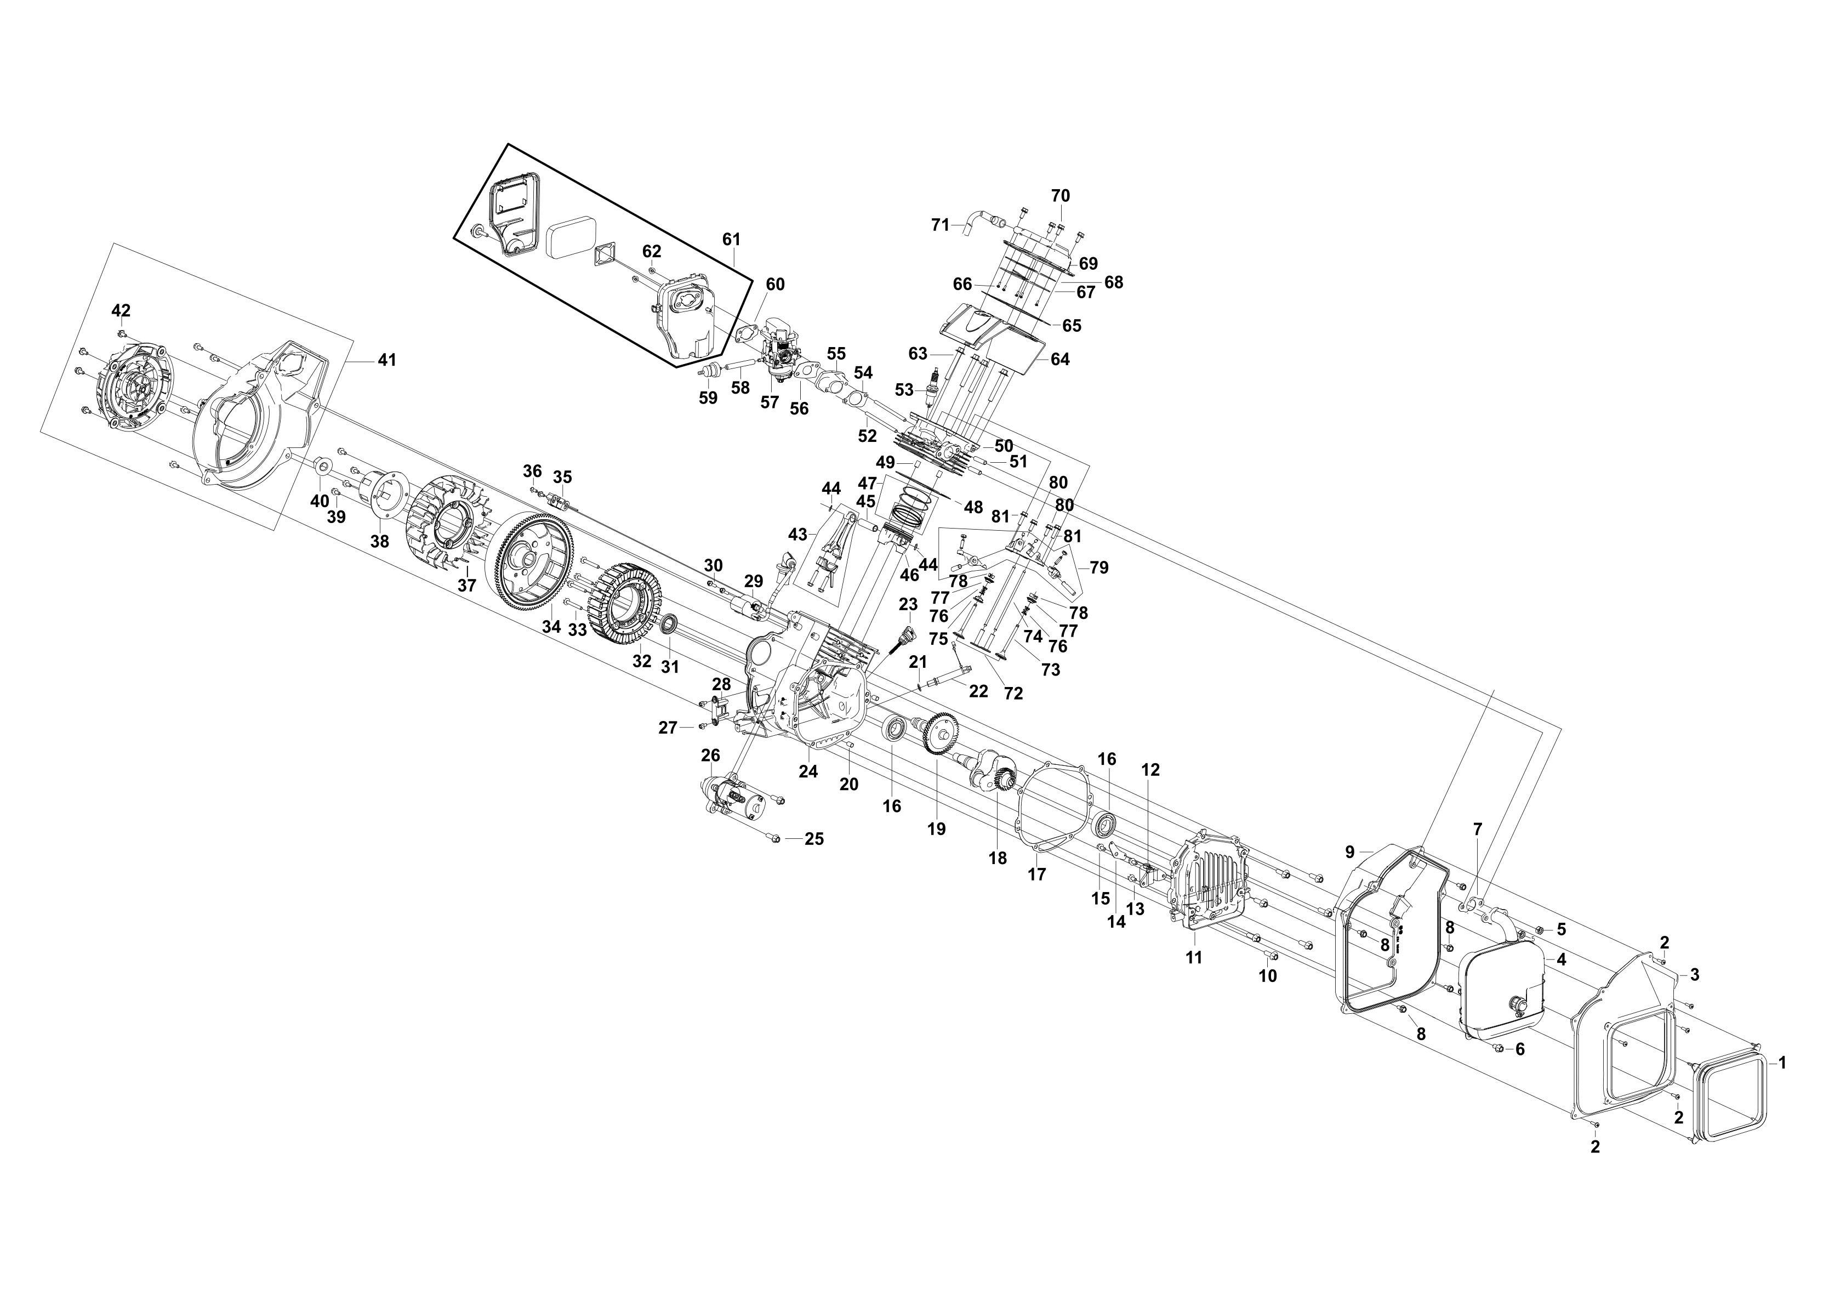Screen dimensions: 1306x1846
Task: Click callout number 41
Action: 388,360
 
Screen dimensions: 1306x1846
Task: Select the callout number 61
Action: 731,239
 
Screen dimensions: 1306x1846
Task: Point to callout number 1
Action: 1782,1063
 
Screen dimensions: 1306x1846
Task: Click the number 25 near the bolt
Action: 814,839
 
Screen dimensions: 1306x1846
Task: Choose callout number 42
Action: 121,310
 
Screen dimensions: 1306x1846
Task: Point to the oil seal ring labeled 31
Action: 669,623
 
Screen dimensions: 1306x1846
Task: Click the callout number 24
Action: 808,771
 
